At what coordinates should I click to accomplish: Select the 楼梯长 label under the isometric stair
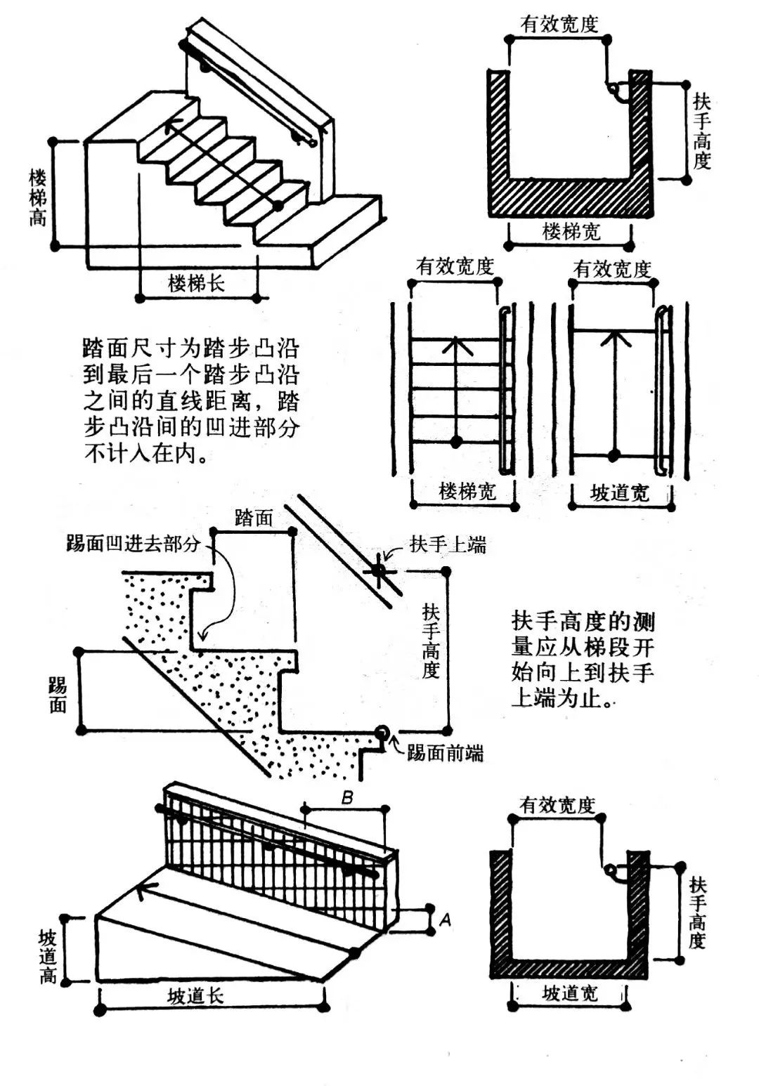[196, 283]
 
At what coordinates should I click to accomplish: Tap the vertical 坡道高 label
[47, 956]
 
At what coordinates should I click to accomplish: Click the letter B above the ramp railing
[347, 797]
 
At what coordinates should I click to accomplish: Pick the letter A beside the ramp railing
[445, 920]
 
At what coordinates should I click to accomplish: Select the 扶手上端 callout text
[448, 544]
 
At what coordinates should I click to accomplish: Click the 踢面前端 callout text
[445, 754]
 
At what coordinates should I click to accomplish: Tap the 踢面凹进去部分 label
[133, 543]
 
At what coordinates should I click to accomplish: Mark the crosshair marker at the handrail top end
[379, 570]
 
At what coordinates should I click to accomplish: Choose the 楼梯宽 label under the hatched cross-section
[571, 231]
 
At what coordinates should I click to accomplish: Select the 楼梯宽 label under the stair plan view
[467, 491]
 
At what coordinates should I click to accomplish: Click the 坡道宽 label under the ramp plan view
[619, 493]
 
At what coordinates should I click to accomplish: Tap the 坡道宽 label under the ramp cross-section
[570, 993]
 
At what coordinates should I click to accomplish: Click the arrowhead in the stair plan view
[456, 344]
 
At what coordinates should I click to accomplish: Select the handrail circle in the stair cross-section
[614, 89]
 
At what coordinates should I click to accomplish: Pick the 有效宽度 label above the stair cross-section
[559, 25]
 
